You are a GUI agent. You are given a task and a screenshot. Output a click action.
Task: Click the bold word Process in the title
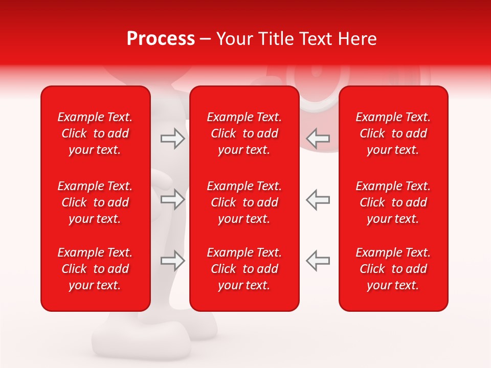tap(161, 39)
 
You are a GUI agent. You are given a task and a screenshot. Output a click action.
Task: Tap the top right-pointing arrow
tap(172, 139)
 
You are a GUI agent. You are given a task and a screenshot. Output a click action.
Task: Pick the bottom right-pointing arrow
tap(172, 261)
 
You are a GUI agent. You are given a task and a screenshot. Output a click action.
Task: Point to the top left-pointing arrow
tap(318, 139)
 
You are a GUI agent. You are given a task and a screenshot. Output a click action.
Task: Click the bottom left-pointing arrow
tap(318, 261)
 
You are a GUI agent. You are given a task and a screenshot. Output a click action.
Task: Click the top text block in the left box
tap(95, 133)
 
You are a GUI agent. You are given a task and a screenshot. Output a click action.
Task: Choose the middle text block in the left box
tap(95, 202)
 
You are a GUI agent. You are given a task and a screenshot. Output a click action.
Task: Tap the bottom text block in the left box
tap(95, 269)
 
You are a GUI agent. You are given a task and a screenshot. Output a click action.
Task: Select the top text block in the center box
tap(244, 133)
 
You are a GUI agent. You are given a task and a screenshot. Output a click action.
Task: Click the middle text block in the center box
tap(244, 202)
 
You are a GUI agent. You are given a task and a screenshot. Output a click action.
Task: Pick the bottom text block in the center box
tap(244, 269)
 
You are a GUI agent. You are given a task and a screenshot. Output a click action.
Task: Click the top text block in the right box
tap(393, 133)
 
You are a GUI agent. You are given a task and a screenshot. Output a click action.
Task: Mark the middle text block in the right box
tap(393, 202)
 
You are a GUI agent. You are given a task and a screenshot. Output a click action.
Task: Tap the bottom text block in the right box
tap(393, 269)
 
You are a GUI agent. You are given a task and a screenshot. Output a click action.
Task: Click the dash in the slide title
tap(205, 39)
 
